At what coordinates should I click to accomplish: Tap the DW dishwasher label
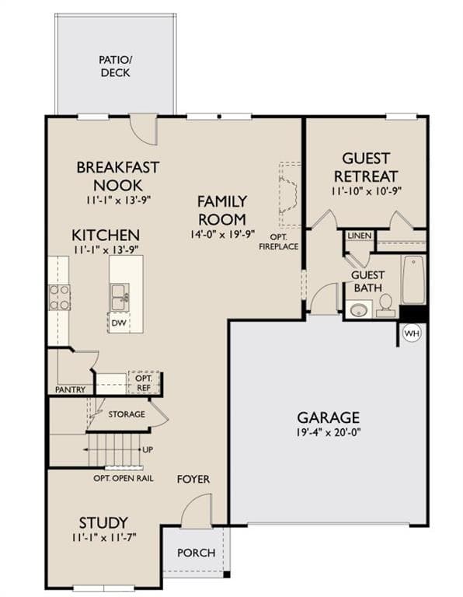point(119,323)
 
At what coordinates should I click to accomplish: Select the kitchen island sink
point(120,297)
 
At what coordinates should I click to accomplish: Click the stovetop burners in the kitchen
point(59,298)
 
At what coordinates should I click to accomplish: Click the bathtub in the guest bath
point(413,279)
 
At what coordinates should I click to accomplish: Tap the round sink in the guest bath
point(358,310)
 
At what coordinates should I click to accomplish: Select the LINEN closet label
point(360,236)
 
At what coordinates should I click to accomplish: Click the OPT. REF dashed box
point(144,382)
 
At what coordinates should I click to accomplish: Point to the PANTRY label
point(71,389)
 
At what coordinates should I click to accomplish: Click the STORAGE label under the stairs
point(127,414)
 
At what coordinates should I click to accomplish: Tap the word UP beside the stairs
point(148,449)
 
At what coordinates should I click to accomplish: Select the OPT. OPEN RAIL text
point(124,478)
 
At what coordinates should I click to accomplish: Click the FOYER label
point(193,479)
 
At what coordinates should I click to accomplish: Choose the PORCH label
point(197,553)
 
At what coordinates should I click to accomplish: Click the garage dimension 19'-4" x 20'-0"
point(329,433)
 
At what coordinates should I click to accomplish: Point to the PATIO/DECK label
point(115,66)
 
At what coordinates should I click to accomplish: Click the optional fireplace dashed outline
point(290,194)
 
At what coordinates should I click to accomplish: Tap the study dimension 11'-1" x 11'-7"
point(103,537)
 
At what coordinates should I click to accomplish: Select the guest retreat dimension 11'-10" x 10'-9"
point(367,191)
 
